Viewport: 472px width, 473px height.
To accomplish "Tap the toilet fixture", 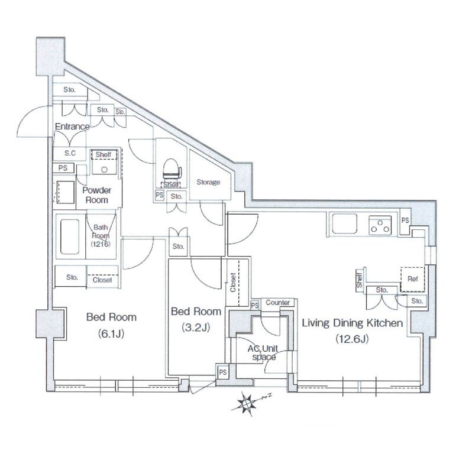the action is pyautogui.click(x=172, y=170).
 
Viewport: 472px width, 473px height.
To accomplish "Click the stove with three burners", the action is pyautogui.click(x=380, y=225).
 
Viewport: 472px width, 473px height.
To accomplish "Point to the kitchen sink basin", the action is pyautogui.click(x=344, y=224).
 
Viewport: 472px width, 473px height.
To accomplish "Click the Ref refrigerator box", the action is pyautogui.click(x=412, y=279).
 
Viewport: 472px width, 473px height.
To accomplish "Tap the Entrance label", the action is pyautogui.click(x=72, y=127).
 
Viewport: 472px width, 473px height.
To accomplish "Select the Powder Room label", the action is pyautogui.click(x=96, y=195).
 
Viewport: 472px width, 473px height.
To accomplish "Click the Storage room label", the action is pyautogui.click(x=208, y=182).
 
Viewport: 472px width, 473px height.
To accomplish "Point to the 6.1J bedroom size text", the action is pyautogui.click(x=111, y=333).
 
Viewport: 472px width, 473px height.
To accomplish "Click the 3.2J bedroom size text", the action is pyautogui.click(x=196, y=328).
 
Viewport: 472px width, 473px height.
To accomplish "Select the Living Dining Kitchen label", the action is pyautogui.click(x=353, y=323).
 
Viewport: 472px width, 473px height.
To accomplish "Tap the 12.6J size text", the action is pyautogui.click(x=352, y=339).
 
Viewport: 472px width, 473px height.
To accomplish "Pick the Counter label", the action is pyautogui.click(x=277, y=302).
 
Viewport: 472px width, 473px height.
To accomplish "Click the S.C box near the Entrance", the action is pyautogui.click(x=69, y=154).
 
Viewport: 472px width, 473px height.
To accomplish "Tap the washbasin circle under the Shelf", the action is pyautogui.click(x=104, y=170).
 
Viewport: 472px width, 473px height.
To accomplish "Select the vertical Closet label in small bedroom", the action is pyautogui.click(x=232, y=283).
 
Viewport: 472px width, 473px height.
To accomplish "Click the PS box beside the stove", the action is pyautogui.click(x=405, y=221).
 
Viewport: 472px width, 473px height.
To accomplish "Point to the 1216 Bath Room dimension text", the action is pyautogui.click(x=101, y=244).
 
